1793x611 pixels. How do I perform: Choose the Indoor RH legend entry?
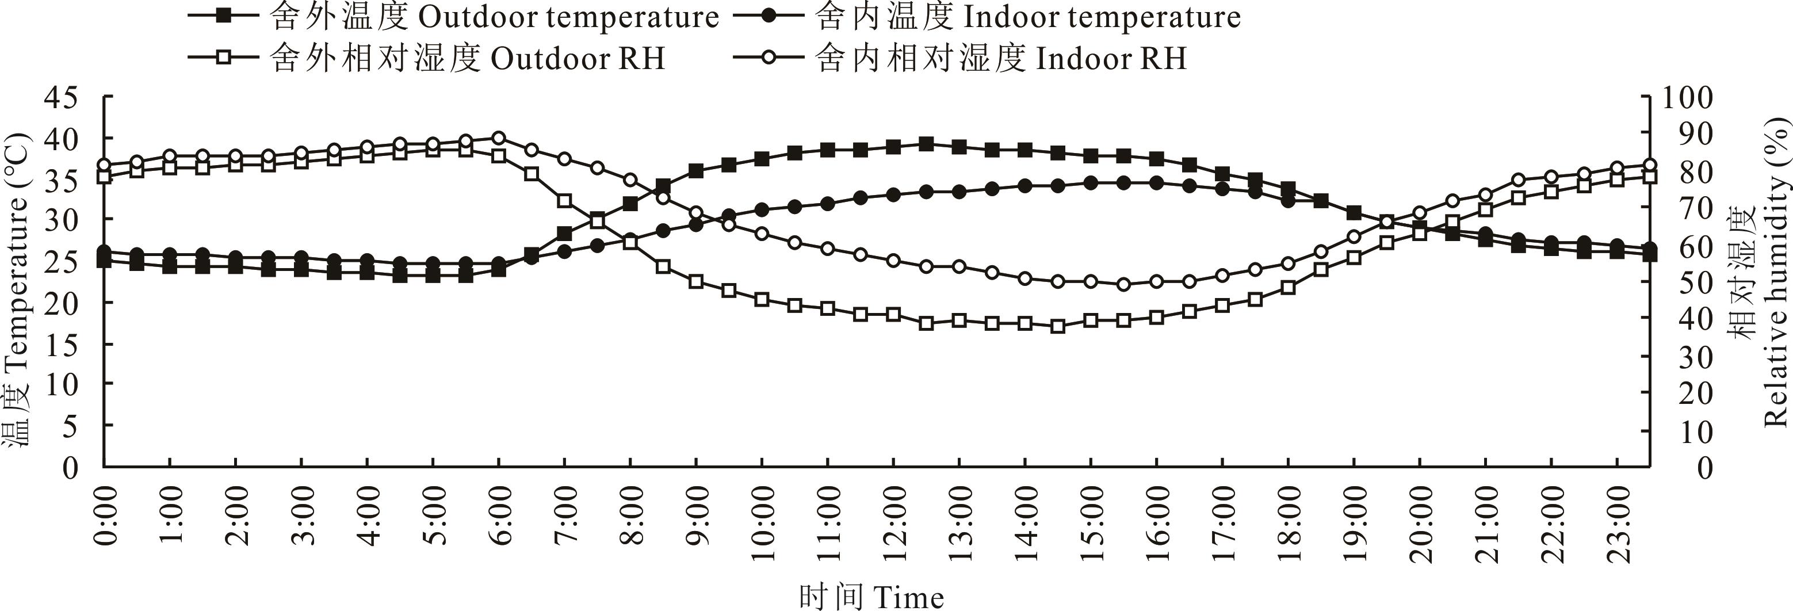[961, 59]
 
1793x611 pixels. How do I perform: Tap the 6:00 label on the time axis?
[500, 515]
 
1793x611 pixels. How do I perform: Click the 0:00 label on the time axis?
[106, 515]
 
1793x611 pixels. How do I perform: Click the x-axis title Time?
[871, 597]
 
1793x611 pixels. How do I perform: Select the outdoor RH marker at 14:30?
[1058, 326]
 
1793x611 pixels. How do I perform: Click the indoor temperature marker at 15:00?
[1091, 183]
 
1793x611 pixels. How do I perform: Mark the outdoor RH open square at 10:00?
[762, 299]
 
